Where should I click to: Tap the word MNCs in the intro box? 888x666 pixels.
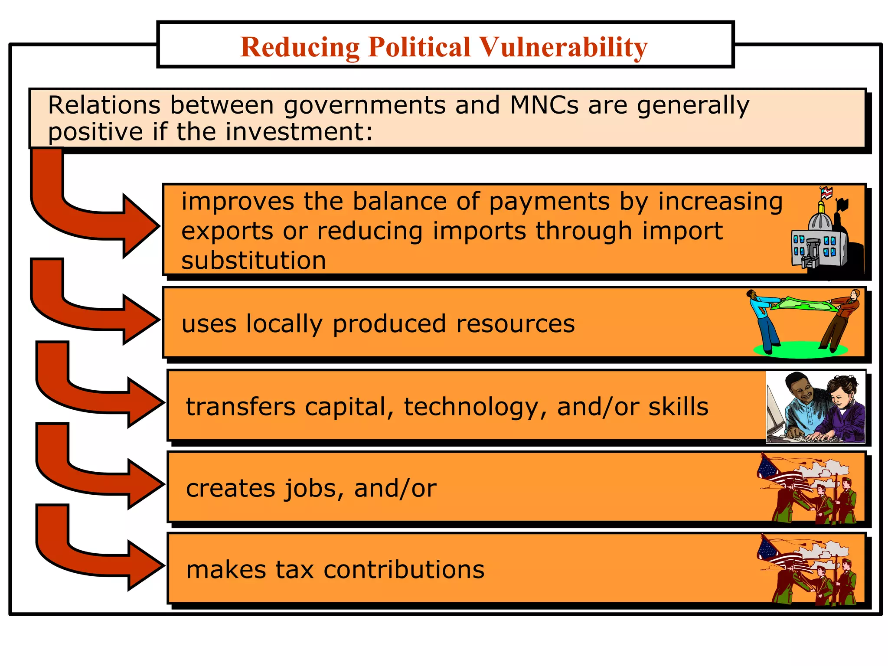544,105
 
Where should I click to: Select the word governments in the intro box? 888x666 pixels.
364,105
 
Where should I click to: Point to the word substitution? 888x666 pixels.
254,260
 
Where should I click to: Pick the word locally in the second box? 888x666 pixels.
284,324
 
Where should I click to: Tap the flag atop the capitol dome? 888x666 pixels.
826,193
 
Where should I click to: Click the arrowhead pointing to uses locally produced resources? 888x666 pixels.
141,320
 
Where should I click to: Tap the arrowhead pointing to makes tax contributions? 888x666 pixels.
145,565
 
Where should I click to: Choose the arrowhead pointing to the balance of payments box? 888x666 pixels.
141,226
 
